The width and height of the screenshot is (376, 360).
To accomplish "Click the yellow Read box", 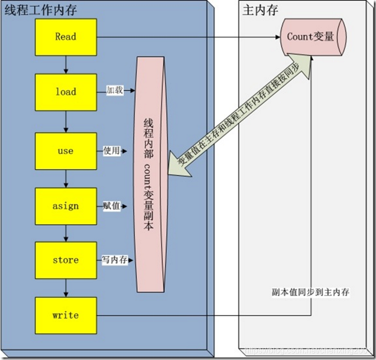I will pyautogui.click(x=66, y=37).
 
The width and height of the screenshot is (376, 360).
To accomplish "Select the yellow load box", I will pyautogui.click(x=66, y=92).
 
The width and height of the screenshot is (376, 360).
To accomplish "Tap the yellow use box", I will pyautogui.click(x=66, y=151).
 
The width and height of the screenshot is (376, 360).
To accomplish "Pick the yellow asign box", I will pyautogui.click(x=66, y=206).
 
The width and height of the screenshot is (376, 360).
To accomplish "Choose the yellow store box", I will pyautogui.click(x=66, y=260).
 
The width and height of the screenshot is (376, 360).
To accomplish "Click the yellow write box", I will pyautogui.click(x=66, y=315).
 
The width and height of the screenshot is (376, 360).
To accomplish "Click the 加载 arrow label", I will pyautogui.click(x=114, y=90).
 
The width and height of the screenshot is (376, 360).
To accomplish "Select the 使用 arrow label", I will pyautogui.click(x=112, y=151).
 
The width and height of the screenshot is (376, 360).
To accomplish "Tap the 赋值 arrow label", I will pyautogui.click(x=112, y=206).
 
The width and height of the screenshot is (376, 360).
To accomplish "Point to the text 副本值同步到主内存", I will pyautogui.click(x=311, y=292).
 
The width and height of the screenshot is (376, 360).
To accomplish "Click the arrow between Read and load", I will pyautogui.click(x=66, y=64).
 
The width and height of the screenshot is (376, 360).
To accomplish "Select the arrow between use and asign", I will pyautogui.click(x=66, y=178).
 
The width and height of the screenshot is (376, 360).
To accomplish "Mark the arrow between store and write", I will pyautogui.click(x=66, y=287).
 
